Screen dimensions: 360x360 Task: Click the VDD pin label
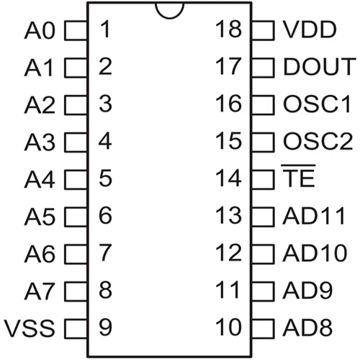tap(310, 30)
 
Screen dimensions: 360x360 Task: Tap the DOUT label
tap(320, 66)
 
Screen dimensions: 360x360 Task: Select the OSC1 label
tap(317, 104)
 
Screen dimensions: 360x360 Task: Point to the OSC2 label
tap(318, 141)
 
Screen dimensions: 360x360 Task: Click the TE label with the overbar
tap(298, 176)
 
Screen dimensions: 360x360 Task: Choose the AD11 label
tap(314, 216)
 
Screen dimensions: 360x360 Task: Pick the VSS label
tap(30, 328)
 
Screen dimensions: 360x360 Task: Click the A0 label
tap(40, 30)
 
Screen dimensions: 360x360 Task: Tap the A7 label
tap(39, 291)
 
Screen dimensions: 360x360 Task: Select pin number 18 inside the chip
tap(228, 29)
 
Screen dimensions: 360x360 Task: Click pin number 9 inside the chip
tap(105, 327)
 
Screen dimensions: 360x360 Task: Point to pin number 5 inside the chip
tap(105, 178)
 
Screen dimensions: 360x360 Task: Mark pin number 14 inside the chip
tap(228, 178)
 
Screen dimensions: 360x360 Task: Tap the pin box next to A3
tap(76, 143)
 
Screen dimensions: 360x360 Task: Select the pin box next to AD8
tap(263, 328)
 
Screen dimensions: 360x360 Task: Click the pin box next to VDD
tap(263, 30)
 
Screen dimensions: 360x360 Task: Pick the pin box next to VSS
tap(76, 328)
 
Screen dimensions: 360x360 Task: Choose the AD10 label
tap(315, 253)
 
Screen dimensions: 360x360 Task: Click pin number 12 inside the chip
tap(228, 252)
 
